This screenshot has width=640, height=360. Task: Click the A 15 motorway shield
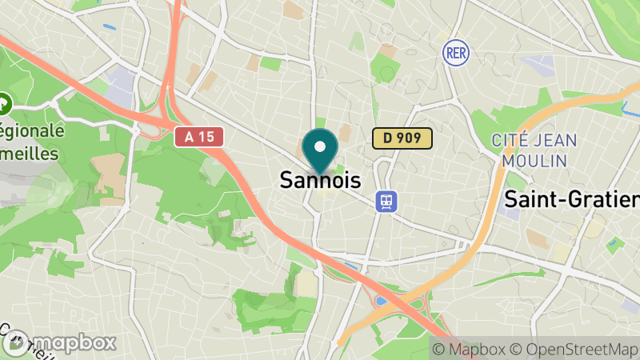pos(199,137)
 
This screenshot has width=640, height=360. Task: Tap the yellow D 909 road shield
pos(402,138)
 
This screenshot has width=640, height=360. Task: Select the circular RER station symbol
pos(454,53)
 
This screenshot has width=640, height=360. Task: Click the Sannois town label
pos(320,180)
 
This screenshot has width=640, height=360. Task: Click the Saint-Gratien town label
pos(572,198)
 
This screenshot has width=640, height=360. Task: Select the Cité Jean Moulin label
pos(534,150)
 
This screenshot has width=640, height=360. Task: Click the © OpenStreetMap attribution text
pos(574,350)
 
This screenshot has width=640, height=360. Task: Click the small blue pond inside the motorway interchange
pos(381,301)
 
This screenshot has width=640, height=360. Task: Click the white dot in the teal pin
pos(321,146)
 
